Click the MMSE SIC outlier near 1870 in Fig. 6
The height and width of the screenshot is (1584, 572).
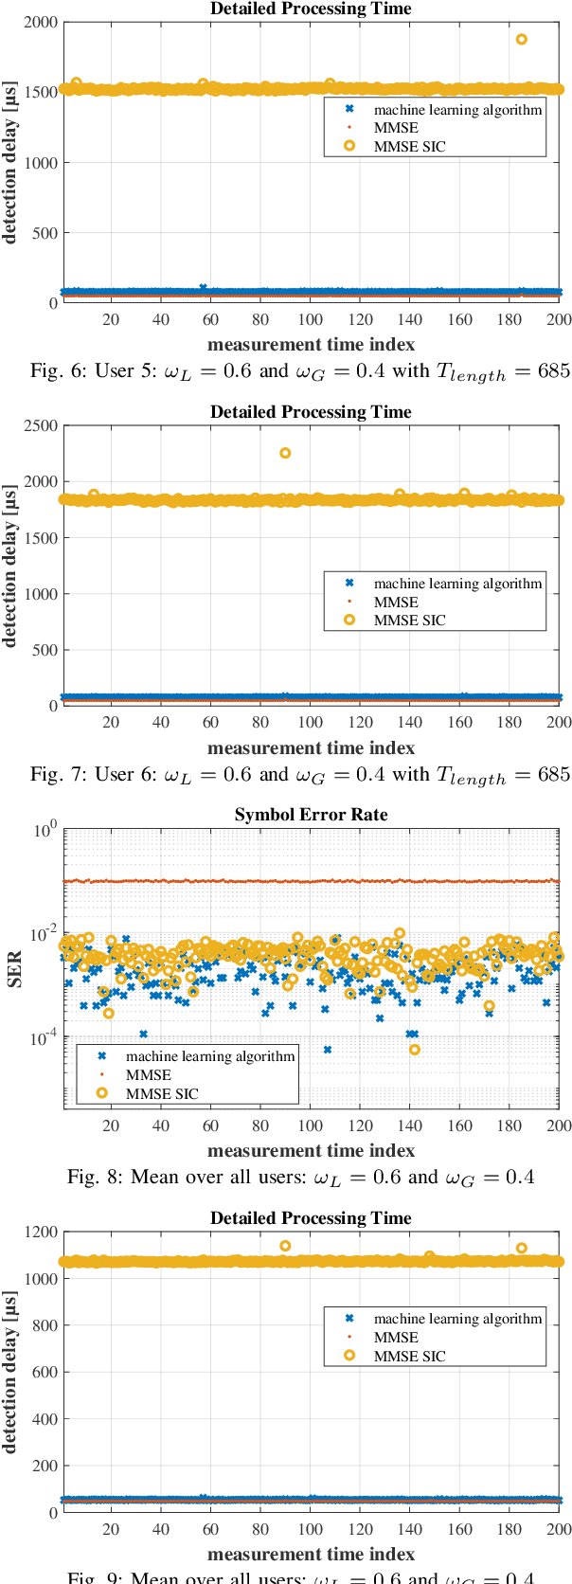(522, 40)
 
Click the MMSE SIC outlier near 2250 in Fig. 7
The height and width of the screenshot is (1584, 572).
(285, 453)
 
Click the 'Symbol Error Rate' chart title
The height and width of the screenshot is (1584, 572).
(311, 815)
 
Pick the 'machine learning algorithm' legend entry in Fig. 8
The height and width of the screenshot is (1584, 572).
(210, 1056)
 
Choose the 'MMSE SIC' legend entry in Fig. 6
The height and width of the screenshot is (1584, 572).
(409, 147)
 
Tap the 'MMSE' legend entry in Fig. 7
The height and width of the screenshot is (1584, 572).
(396, 603)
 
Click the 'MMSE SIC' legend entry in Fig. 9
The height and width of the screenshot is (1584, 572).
(409, 1357)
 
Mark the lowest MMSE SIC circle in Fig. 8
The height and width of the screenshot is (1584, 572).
(415, 1050)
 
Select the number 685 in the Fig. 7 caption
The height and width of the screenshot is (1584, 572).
(554, 774)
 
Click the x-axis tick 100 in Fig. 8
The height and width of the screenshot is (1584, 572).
(311, 1125)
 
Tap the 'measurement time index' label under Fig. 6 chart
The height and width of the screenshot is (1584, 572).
(311, 345)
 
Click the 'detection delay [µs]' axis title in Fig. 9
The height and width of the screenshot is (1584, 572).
(10, 1371)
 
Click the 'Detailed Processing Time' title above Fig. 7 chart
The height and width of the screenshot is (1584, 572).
(311, 412)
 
